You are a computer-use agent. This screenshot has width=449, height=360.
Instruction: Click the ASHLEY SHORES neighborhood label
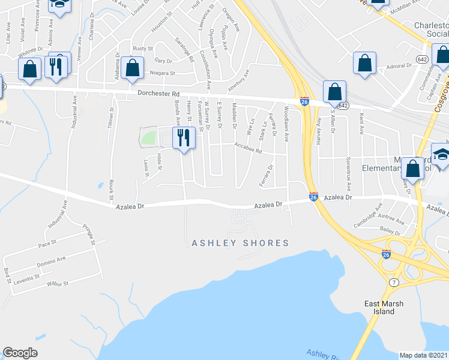[240, 243]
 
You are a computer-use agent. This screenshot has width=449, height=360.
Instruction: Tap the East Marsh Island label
[384, 307]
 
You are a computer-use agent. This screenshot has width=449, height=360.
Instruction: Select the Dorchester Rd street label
[158, 94]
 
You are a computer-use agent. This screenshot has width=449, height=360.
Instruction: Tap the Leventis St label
[28, 277]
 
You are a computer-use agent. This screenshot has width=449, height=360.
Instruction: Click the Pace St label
[47, 244]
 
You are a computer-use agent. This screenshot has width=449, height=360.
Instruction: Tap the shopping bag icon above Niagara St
[133, 68]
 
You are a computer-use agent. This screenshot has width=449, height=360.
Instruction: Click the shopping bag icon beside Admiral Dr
[364, 63]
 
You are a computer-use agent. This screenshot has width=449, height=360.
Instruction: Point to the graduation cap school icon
[442, 154]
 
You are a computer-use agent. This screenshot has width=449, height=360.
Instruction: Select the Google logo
[20, 353]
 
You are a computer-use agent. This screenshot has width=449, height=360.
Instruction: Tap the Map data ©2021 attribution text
[423, 355]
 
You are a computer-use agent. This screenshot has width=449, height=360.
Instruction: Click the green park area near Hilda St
[148, 137]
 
